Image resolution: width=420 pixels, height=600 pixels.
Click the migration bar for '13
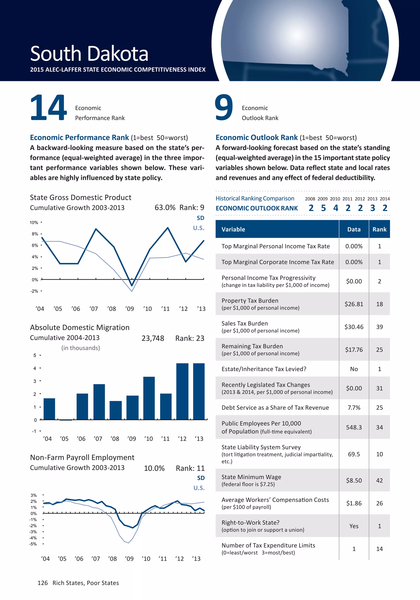coord(199,391)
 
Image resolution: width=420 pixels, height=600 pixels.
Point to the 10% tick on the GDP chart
coord(34,223)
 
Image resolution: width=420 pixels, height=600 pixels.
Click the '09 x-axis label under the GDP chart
coord(129,309)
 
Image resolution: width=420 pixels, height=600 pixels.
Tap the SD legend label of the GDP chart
coord(200,218)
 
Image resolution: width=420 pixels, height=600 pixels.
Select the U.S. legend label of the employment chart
coord(199,488)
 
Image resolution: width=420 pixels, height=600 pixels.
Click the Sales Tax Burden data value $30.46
coord(354,327)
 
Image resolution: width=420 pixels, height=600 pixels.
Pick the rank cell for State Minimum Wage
coord(379,481)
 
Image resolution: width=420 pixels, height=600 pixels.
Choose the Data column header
coord(354,229)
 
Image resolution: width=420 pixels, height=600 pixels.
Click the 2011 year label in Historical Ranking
coord(347,199)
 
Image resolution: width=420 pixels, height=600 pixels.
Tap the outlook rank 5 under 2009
coord(323,208)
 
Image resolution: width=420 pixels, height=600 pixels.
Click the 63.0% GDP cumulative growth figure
coord(165,208)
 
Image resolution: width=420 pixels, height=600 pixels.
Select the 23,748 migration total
coord(153,338)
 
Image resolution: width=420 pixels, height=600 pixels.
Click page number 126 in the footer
coord(43,583)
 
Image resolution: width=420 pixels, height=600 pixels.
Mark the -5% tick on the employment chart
coord(33,544)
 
